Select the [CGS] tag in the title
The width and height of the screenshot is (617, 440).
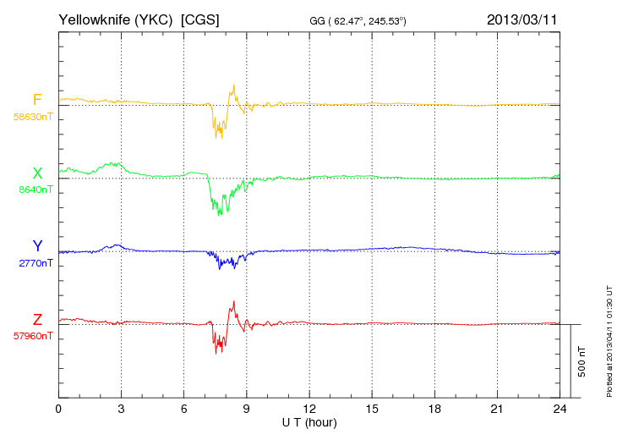[x=200, y=19]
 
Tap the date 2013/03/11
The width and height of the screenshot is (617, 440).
[x=521, y=19]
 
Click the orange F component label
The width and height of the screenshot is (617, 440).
[x=36, y=101]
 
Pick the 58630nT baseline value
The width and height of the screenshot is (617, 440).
[x=32, y=117]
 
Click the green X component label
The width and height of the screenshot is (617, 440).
[x=36, y=173]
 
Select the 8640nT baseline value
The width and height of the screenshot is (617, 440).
[x=35, y=190]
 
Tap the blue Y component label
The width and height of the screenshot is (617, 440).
[x=37, y=246]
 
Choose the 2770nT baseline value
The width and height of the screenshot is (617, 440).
[x=35, y=263]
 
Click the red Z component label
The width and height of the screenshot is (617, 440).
[x=36, y=319]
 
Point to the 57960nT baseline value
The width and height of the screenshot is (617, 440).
[x=32, y=336]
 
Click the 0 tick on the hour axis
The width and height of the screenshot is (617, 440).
[x=58, y=409]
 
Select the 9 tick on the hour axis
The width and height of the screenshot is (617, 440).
[x=247, y=409]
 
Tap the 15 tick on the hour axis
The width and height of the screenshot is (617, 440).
[x=372, y=409]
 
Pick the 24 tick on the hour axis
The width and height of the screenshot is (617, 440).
[x=560, y=409]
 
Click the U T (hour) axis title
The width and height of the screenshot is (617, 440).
[x=309, y=421]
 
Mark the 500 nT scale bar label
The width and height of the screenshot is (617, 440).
[x=582, y=361]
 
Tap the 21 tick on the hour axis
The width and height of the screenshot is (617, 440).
[x=497, y=409]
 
